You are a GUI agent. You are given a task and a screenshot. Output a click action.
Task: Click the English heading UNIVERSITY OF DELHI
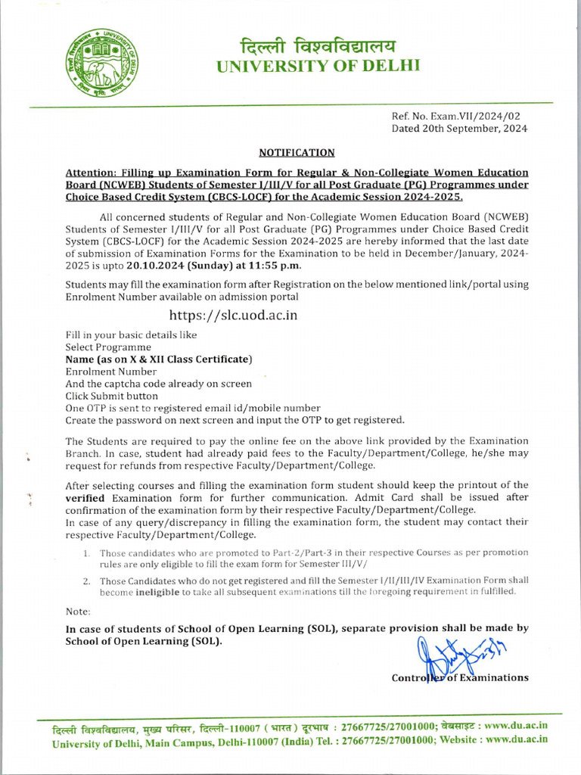point(318,66)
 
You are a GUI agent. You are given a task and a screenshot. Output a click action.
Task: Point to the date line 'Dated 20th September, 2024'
point(459,129)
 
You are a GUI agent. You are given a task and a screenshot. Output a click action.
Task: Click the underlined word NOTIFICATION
point(297,153)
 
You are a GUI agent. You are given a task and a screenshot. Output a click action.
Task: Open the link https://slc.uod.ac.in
point(233,315)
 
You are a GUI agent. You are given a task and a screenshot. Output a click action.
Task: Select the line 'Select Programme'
point(108,347)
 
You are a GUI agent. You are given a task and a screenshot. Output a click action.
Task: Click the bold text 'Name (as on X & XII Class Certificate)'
point(159,359)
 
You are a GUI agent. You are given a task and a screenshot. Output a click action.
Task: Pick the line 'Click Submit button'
point(112,396)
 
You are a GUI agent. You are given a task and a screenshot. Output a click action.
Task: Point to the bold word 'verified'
point(87,498)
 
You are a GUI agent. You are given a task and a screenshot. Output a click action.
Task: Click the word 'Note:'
point(78,611)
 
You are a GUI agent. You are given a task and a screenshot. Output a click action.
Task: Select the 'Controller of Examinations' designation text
point(459,677)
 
